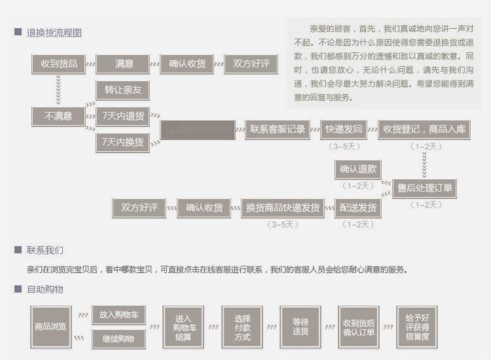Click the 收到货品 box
[x=59, y=64]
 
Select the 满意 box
[x=124, y=64]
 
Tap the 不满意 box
[x=58, y=117]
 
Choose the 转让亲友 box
[x=123, y=90]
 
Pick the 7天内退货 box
[x=123, y=117]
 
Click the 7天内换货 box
[x=123, y=142]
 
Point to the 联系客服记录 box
[x=278, y=130]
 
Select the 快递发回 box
[x=343, y=130]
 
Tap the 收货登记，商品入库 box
[x=425, y=130]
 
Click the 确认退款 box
[x=358, y=169]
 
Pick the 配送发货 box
[x=358, y=208]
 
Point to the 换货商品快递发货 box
[x=283, y=208]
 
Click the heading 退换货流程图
[x=54, y=33]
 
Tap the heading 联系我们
[x=45, y=251]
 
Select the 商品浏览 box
[x=50, y=326]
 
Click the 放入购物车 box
[x=118, y=314]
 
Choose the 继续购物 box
[x=118, y=339]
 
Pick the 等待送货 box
[x=300, y=326]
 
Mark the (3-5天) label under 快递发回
[x=343, y=146]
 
